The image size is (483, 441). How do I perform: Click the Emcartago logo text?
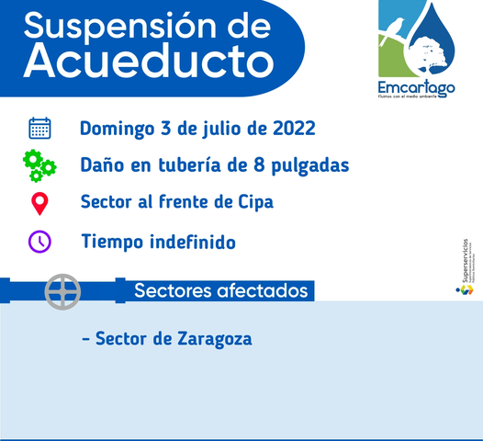[x=417, y=88]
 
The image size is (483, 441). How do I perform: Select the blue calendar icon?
[x=39, y=128]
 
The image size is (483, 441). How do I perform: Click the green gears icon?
[x=39, y=166]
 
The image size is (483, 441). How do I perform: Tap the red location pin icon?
[x=39, y=203]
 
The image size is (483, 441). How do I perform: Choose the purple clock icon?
[x=39, y=242]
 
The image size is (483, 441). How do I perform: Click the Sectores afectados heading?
[x=220, y=291]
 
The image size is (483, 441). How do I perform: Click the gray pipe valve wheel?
[x=63, y=291]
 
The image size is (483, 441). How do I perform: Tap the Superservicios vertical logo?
[x=466, y=266]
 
